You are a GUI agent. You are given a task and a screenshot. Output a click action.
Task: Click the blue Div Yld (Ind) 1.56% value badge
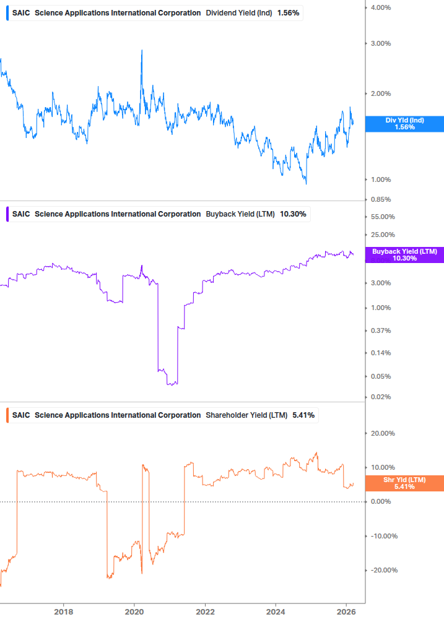pyautogui.click(x=404, y=124)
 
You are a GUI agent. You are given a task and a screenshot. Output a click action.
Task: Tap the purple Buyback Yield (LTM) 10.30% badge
pyautogui.click(x=404, y=255)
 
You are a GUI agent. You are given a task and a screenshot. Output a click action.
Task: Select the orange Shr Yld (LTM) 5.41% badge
pyautogui.click(x=404, y=483)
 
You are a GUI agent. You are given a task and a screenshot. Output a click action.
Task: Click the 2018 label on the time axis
pyautogui.click(x=63, y=612)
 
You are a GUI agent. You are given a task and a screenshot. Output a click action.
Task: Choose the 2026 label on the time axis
pyautogui.click(x=346, y=612)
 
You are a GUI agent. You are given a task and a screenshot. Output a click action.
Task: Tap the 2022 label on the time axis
pyautogui.click(x=205, y=612)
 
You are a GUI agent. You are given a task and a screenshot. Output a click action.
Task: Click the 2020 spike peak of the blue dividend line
pyautogui.click(x=142, y=51)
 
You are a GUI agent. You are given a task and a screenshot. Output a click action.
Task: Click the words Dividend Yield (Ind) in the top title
pyautogui.click(x=240, y=13)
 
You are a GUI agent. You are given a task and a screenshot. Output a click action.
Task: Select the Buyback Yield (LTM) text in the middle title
pyautogui.click(x=240, y=214)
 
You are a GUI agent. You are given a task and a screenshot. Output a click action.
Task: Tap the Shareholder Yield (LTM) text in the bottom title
pyautogui.click(x=246, y=415)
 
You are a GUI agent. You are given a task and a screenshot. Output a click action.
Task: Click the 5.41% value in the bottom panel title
pyautogui.click(x=303, y=415)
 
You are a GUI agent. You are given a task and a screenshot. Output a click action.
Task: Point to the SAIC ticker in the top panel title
pyautogui.click(x=21, y=13)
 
